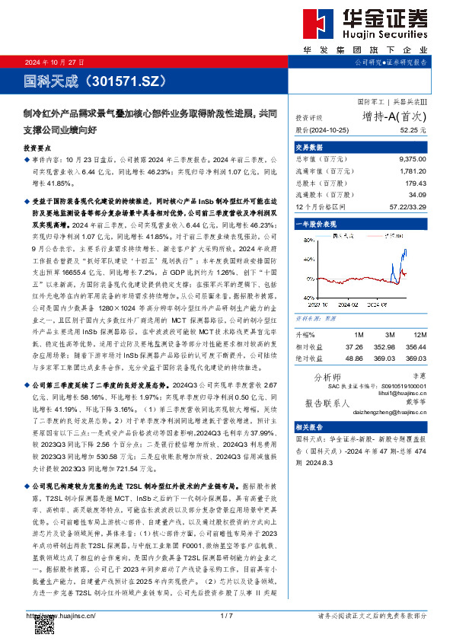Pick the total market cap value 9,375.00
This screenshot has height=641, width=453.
pyautogui.click(x=413, y=160)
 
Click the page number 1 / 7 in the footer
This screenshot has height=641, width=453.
pyautogui.click(x=225, y=615)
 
